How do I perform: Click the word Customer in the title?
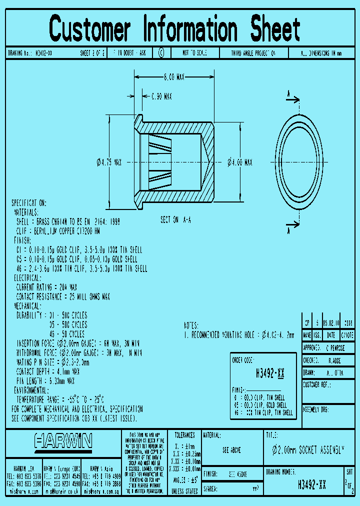click(90, 29)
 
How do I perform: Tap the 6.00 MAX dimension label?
click(174, 77)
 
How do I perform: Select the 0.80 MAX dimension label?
click(161, 96)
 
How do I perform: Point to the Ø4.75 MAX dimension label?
click(109, 162)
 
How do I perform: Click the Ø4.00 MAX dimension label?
click(240, 162)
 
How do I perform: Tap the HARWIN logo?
click(63, 441)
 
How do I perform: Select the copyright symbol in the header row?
click(161, 53)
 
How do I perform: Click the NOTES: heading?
click(191, 325)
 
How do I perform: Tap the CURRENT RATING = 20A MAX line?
click(46, 287)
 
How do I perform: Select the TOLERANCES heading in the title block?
click(184, 435)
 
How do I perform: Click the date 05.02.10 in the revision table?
click(330, 322)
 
